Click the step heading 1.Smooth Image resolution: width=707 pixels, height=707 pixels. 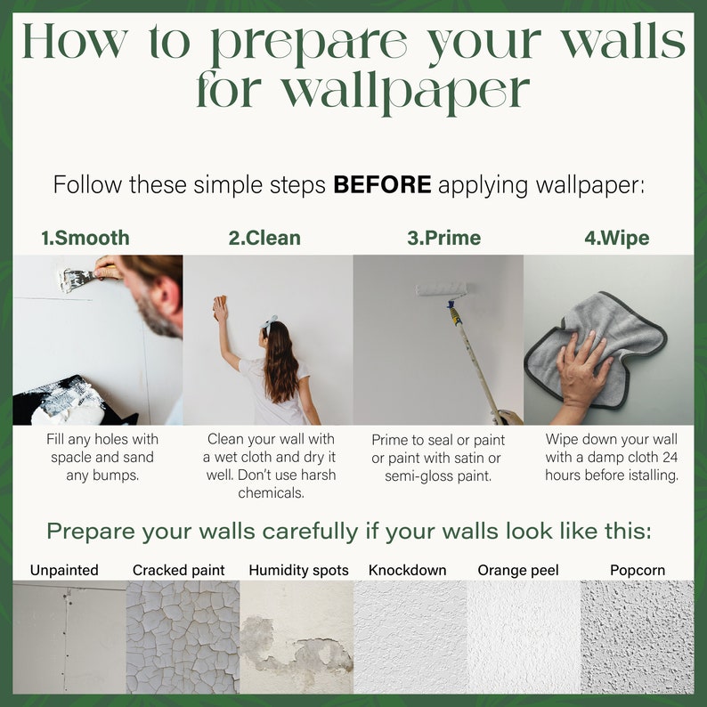pyautogui.click(x=85, y=238)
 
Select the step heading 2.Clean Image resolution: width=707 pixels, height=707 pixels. pyautogui.click(x=264, y=238)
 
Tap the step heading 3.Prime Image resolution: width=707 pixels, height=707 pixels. pyautogui.click(x=443, y=238)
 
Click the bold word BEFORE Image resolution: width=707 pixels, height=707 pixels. pyautogui.click(x=382, y=185)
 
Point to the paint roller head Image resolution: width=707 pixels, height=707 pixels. pyautogui.click(x=442, y=289)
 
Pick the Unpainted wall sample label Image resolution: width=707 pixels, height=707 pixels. pyautogui.click(x=64, y=570)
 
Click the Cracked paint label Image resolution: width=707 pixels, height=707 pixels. pyautogui.click(x=179, y=570)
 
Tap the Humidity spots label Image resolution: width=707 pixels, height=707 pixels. pyautogui.click(x=298, y=570)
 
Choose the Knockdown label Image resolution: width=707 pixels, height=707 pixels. pyautogui.click(x=407, y=570)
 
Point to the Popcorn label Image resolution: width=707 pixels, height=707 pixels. pyautogui.click(x=637, y=570)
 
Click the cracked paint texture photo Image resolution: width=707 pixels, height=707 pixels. pyautogui.click(x=183, y=637)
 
